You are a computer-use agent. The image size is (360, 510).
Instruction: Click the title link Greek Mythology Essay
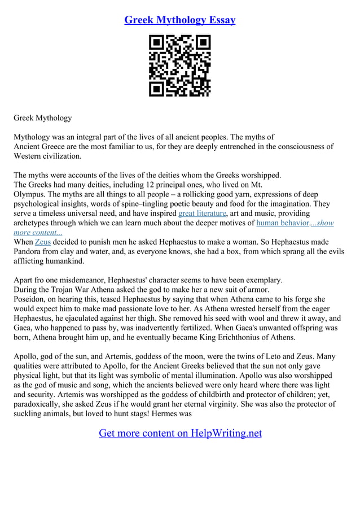click(179, 20)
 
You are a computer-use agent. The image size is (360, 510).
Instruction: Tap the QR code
click(179, 66)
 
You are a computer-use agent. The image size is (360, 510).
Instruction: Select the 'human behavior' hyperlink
click(282, 223)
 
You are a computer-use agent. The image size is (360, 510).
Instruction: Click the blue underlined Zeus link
click(43, 242)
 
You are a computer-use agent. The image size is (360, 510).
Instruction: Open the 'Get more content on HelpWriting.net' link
click(180, 433)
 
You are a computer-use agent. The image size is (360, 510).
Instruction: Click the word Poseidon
click(30, 299)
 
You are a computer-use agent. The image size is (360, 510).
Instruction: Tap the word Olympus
click(29, 194)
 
